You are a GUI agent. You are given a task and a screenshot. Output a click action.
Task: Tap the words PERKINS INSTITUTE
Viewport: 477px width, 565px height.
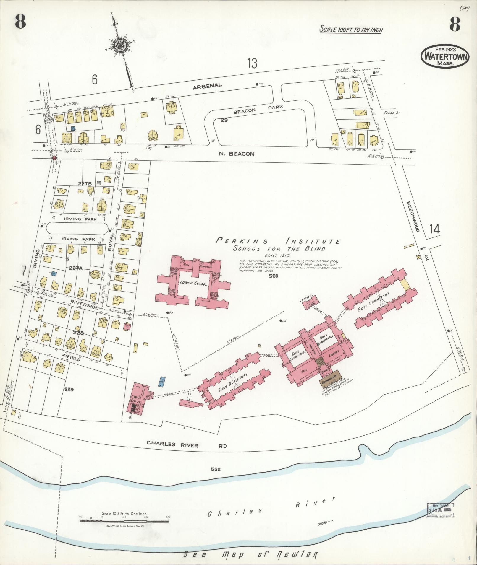click(x=277, y=241)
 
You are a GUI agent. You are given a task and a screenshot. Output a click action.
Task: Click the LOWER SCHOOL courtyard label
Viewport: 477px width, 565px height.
click(x=193, y=283)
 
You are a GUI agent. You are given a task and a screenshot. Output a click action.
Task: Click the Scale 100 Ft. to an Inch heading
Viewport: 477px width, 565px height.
click(x=351, y=30)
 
